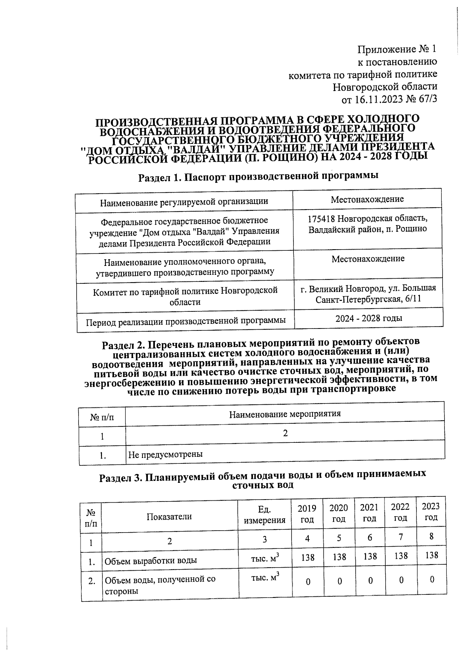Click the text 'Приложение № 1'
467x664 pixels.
point(397,49)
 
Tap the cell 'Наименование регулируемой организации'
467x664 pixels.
point(184,202)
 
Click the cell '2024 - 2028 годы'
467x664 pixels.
point(369,318)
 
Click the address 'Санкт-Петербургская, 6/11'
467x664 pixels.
point(368,299)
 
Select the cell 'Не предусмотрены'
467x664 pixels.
point(165,454)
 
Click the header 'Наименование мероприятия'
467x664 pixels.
point(285,414)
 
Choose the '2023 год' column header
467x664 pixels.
point(431,512)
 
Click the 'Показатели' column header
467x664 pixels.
point(169,517)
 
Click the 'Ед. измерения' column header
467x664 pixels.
point(265,515)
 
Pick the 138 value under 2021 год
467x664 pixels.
point(370,556)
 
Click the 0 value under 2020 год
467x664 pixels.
point(339,581)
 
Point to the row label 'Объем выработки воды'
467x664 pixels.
point(150,561)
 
